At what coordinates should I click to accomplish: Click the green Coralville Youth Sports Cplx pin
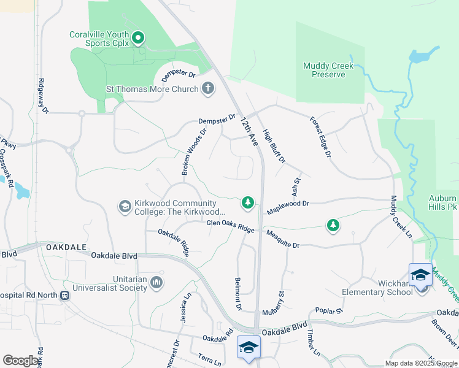pos(138,38)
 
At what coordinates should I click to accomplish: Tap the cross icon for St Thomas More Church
pos(208,89)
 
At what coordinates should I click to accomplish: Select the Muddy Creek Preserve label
pos(324,71)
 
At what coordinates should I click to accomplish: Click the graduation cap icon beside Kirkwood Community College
pos(125,207)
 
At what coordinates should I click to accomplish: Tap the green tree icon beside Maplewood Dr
pos(247,202)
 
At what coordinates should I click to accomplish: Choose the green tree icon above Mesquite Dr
pos(333,226)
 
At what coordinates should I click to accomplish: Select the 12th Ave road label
pos(249,131)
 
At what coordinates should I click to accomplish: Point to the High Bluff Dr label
pos(274,146)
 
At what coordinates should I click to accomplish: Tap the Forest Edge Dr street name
pos(320,136)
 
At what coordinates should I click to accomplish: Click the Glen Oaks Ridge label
pos(230,226)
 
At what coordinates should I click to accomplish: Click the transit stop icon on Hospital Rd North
pos(64,295)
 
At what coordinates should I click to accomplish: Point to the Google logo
pos(21,361)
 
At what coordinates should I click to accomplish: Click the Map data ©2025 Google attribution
pos(421,363)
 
